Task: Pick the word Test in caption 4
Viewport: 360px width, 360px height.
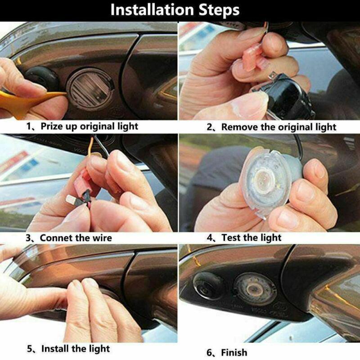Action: pos(231,238)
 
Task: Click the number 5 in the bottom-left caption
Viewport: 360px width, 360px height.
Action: pos(30,348)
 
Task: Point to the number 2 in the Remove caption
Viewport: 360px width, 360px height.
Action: pos(210,127)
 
